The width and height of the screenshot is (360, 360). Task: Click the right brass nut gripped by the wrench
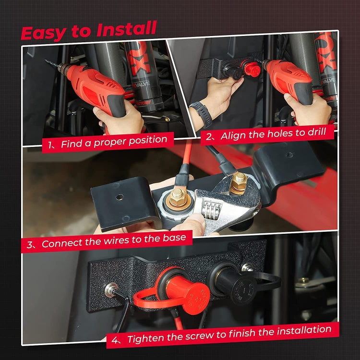coord(238,183)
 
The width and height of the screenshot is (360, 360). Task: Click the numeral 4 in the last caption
coord(115,340)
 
